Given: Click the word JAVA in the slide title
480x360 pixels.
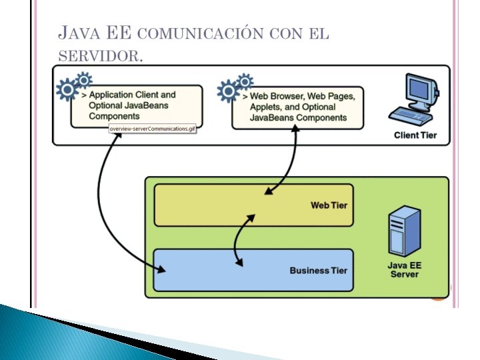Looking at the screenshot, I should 78,33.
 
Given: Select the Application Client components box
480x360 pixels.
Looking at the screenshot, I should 137,106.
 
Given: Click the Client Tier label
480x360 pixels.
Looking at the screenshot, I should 415,135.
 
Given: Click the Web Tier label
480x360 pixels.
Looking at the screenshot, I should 329,205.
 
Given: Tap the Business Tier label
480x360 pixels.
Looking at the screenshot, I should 318,270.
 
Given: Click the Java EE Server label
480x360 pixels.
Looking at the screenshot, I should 404,269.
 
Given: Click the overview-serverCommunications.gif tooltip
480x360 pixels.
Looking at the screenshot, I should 153,128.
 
